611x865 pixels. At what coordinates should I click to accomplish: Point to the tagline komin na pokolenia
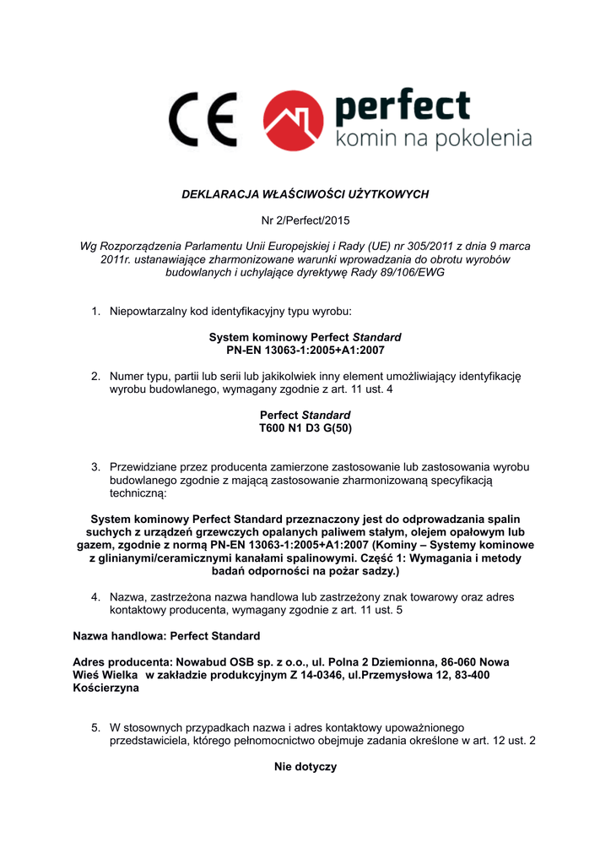434,138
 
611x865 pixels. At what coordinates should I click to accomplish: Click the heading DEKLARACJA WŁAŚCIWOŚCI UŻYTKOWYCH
305,194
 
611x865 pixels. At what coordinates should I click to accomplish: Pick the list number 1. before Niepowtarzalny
96,312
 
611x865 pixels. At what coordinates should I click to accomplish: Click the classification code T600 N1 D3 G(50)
305,428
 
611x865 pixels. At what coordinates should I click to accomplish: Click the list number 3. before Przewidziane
96,467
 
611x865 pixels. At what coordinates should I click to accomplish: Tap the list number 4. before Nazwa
96,597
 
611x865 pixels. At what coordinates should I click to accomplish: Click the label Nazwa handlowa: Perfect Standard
167,635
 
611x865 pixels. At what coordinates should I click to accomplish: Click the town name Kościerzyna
106,688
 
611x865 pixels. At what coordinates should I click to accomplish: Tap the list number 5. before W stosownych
96,727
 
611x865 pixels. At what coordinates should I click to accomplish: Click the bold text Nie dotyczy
305,767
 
